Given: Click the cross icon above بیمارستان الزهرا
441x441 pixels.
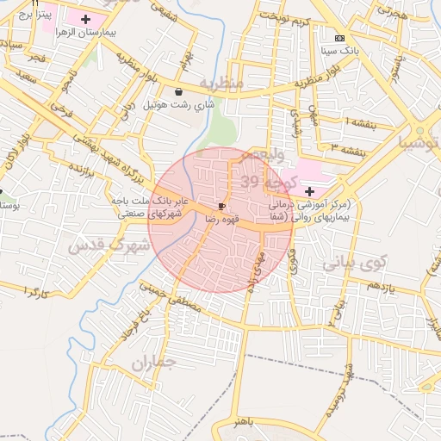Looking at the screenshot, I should pyautogui.click(x=85, y=19).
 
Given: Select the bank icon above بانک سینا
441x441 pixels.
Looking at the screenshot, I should pyautogui.click(x=339, y=39).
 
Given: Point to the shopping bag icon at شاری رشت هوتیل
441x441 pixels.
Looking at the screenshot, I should pyautogui.click(x=178, y=91).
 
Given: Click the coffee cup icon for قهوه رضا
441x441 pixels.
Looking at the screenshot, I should pyautogui.click(x=222, y=207).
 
